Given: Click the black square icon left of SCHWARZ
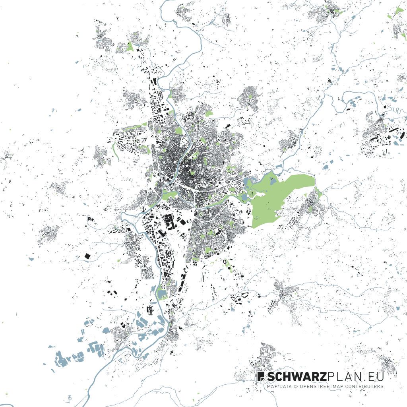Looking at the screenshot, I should pyautogui.click(x=261, y=376).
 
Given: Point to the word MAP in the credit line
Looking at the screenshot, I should pyautogui.click(x=272, y=386).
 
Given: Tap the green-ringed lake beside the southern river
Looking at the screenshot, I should pyautogui.click(x=162, y=295).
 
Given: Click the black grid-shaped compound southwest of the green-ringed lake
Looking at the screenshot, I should pyautogui.click(x=150, y=309).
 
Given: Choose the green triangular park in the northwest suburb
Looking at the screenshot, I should pyautogui.click(x=130, y=47).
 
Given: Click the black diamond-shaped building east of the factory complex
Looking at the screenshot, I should pyautogui.click(x=182, y=221).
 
